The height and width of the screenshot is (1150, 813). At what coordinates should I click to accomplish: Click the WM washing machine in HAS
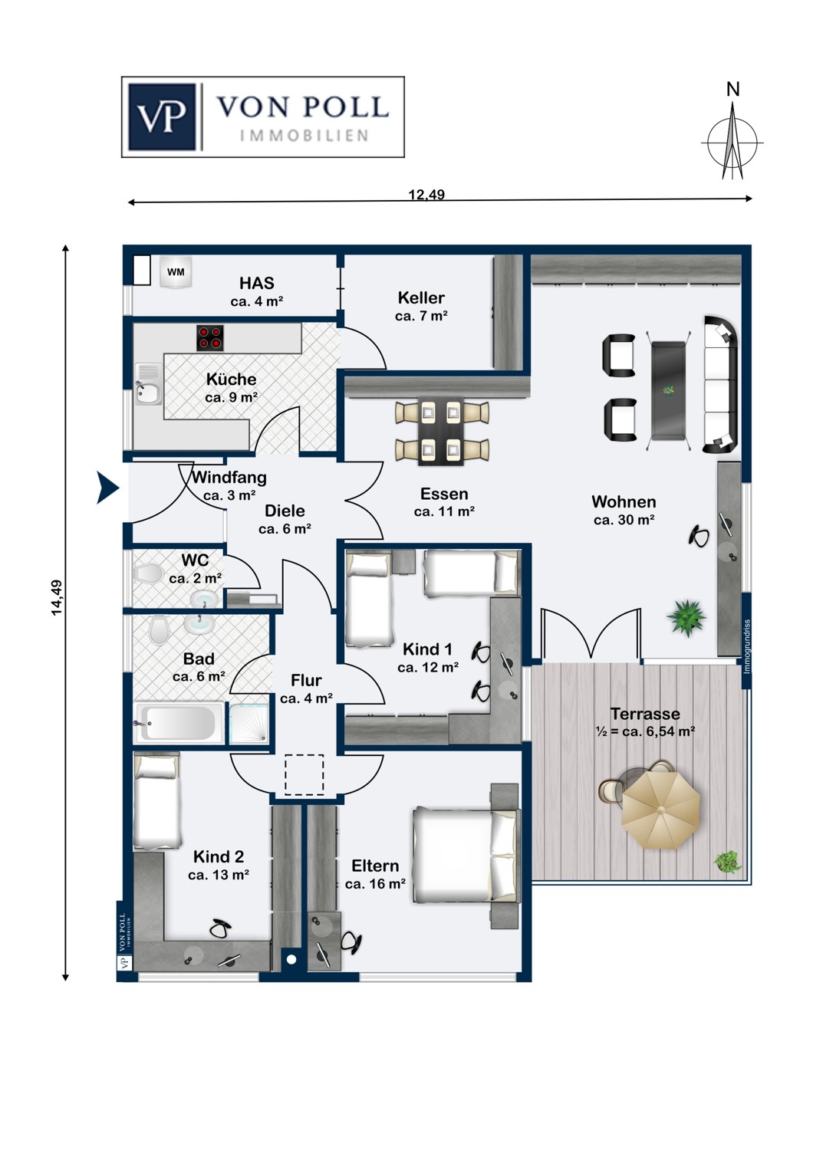tap(176, 272)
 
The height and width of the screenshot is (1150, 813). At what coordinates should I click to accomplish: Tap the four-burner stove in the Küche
tap(210, 338)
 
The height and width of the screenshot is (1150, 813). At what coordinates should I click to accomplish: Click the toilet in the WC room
tap(147, 573)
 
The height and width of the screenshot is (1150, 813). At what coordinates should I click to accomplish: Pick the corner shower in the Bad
tap(249, 722)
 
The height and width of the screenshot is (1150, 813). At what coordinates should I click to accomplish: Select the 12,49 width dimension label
tap(426, 195)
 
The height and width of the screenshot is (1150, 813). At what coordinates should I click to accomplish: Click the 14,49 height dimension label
tap(57, 597)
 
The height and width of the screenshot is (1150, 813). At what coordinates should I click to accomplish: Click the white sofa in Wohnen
tap(722, 384)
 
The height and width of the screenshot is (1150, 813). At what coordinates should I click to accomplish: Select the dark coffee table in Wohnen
tap(669, 389)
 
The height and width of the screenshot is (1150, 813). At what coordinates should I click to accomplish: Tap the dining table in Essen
tap(441, 431)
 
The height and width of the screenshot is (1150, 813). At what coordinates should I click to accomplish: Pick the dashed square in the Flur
tap(304, 774)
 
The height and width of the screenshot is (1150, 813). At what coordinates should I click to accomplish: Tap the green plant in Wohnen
tap(685, 618)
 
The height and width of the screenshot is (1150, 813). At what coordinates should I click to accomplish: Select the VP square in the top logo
tap(163, 117)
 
